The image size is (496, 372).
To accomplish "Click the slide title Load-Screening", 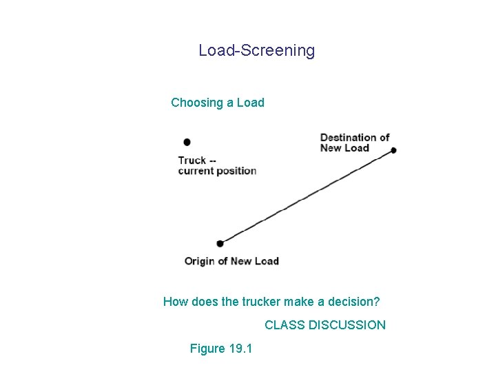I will coord(256,50).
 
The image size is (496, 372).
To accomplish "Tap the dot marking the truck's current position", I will coord(187,142).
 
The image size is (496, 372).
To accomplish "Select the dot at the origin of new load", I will coord(220,243).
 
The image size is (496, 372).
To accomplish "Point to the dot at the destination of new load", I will coord(393,150).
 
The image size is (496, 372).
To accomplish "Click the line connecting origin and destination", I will coord(307,196).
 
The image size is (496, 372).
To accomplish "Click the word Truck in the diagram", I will coord(192,161).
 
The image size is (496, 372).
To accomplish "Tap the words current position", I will coord(217,171).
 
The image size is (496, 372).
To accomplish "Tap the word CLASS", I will coord(285,324).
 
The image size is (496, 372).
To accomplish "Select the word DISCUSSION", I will coord(347,324).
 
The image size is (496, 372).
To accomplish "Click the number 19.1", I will coord(240,349).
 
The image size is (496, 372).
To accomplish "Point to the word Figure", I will coord(207,349).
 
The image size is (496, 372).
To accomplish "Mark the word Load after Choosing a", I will coord(251,103).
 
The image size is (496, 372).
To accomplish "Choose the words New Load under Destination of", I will coord(344,148).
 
